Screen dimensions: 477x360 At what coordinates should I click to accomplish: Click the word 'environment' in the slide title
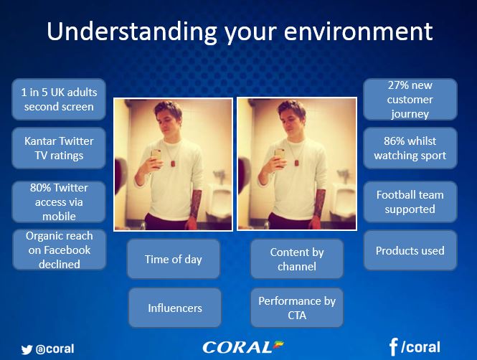click(358, 32)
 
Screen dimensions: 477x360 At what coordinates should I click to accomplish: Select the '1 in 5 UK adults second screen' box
click(59, 100)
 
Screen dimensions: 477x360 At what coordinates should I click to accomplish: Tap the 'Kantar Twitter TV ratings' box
click(59, 148)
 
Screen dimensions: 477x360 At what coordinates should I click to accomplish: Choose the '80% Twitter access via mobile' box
click(59, 202)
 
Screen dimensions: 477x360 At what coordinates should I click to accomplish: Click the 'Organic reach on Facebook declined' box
click(60, 250)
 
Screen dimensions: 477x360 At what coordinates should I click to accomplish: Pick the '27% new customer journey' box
click(410, 100)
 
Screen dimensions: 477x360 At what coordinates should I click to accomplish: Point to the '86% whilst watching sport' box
click(410, 148)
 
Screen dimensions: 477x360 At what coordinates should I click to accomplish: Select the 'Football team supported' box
click(410, 202)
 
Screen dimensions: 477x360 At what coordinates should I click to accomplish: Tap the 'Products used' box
click(410, 250)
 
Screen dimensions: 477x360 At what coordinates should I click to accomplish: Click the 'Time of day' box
click(174, 259)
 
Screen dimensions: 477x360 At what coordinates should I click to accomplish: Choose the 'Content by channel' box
click(297, 259)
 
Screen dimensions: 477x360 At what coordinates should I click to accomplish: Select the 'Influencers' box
click(175, 308)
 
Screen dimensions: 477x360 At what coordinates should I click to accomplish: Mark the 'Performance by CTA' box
click(297, 308)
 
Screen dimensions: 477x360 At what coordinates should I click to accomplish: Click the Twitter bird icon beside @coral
click(27, 350)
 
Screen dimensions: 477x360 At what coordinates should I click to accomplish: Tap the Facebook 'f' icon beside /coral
click(393, 347)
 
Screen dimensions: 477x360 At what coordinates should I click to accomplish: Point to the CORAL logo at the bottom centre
click(242, 347)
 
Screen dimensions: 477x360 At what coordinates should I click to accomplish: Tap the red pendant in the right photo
click(296, 163)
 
